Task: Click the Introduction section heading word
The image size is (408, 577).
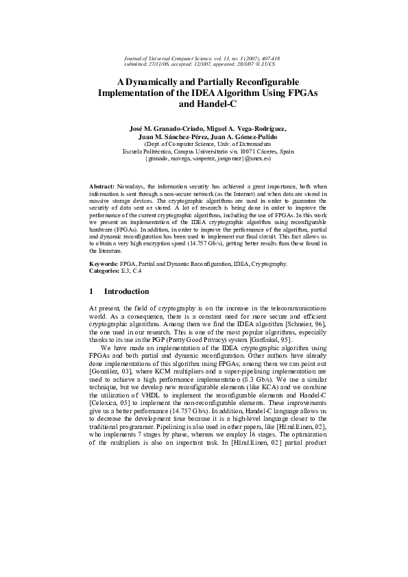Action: click(126, 291)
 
